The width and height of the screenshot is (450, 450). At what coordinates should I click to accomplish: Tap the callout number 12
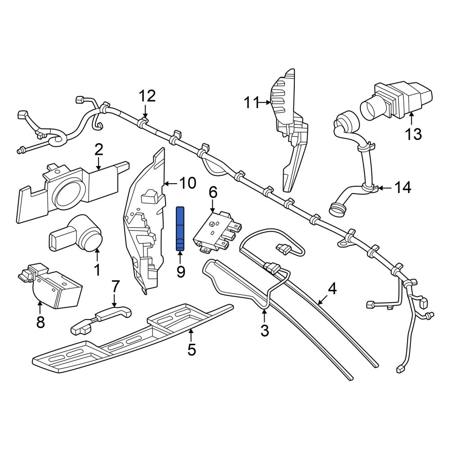148,96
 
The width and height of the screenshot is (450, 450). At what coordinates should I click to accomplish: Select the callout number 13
413,134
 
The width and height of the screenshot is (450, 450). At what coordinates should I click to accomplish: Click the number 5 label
191,350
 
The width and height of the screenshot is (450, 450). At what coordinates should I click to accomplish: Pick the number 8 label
40,322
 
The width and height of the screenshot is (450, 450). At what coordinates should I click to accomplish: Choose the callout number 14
403,188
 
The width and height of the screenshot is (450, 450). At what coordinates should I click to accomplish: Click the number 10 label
188,183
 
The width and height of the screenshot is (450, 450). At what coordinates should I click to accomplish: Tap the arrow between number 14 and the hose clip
386,188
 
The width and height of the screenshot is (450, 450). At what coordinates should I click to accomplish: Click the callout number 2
99,150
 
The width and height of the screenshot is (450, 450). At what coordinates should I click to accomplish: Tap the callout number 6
213,192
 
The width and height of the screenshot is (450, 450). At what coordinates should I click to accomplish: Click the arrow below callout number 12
145,111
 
